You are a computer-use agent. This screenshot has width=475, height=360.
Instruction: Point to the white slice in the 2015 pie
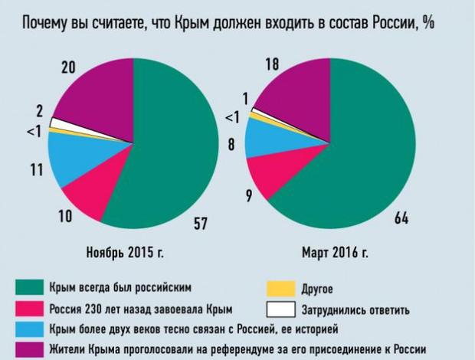pyautogui.click(x=54, y=123)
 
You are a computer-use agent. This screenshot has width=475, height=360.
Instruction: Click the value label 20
pyautogui.click(x=68, y=68)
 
